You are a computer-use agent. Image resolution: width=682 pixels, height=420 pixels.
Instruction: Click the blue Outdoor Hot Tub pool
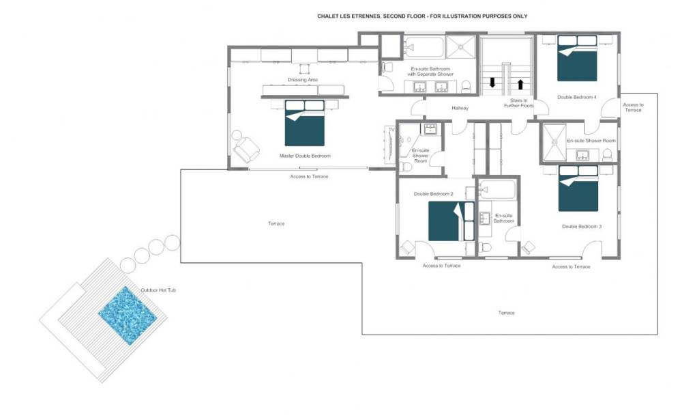coord(128,315)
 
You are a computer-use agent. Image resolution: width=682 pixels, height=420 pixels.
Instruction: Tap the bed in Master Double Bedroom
coord(304,123)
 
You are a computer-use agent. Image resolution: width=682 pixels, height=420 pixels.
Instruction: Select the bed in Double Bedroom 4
coord(577,58)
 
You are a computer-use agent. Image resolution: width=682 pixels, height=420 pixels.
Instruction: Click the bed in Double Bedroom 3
coord(578,188)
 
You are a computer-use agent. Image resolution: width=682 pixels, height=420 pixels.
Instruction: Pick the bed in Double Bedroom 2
coord(451,221)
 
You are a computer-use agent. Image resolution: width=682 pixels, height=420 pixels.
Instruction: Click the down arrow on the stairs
coord(492,83)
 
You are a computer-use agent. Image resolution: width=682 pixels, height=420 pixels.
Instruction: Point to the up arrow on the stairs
coord(520,84)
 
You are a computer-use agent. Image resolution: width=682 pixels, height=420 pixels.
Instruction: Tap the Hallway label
coord(460,108)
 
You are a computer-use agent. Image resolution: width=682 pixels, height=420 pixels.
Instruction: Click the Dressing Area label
coord(303,80)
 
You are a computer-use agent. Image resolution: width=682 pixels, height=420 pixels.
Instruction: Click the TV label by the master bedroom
coord(391,130)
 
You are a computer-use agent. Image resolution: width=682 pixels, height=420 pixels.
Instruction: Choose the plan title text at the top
coord(422,16)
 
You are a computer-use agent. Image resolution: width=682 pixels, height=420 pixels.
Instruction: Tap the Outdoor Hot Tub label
coord(158,290)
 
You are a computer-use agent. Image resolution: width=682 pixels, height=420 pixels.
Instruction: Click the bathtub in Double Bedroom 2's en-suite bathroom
coord(497,190)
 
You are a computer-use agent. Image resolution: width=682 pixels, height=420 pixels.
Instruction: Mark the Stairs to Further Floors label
coord(518,103)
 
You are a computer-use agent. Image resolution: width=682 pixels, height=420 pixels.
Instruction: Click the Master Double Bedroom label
coord(305,156)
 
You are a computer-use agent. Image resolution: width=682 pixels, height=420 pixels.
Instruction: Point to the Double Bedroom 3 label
coord(582,227)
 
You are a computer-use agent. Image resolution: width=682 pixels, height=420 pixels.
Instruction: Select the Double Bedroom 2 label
coord(433,194)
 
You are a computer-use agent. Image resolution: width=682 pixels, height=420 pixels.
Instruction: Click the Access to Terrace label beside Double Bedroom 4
coord(633,107)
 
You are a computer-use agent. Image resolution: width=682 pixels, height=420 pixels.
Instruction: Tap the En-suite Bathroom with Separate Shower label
coord(430,72)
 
